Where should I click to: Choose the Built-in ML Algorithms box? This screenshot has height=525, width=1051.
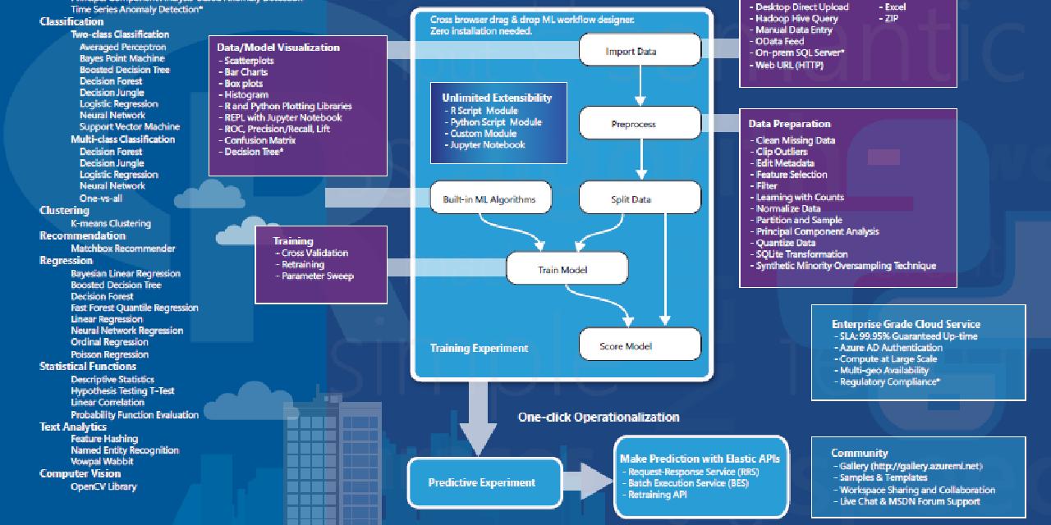(489, 199)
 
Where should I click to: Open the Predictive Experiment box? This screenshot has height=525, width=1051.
(481, 482)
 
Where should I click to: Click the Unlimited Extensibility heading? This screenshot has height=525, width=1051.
(497, 98)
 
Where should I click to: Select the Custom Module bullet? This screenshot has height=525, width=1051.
(483, 133)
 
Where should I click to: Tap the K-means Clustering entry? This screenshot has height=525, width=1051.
(110, 223)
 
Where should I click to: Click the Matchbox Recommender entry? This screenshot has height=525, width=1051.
(122, 248)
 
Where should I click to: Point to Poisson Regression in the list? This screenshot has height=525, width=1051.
(109, 354)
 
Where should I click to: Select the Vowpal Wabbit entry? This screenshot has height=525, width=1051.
(102, 461)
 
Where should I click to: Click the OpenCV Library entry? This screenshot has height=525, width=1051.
(103, 486)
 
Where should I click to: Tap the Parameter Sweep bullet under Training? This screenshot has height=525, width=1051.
(317, 276)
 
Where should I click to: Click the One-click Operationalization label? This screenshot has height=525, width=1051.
(598, 417)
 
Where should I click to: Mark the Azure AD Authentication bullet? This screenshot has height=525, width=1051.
(890, 348)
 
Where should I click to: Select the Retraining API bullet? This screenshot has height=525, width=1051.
(657, 495)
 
